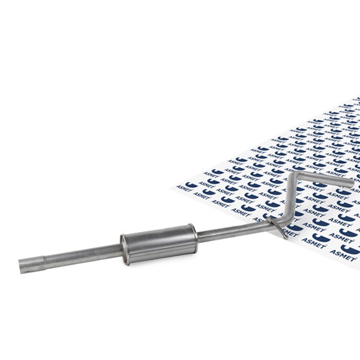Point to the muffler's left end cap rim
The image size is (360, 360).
tap(124, 250)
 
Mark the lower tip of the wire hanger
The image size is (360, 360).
tap(286, 238)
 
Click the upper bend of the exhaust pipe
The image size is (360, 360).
tap(295, 175)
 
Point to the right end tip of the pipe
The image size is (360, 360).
tap(351, 183)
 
